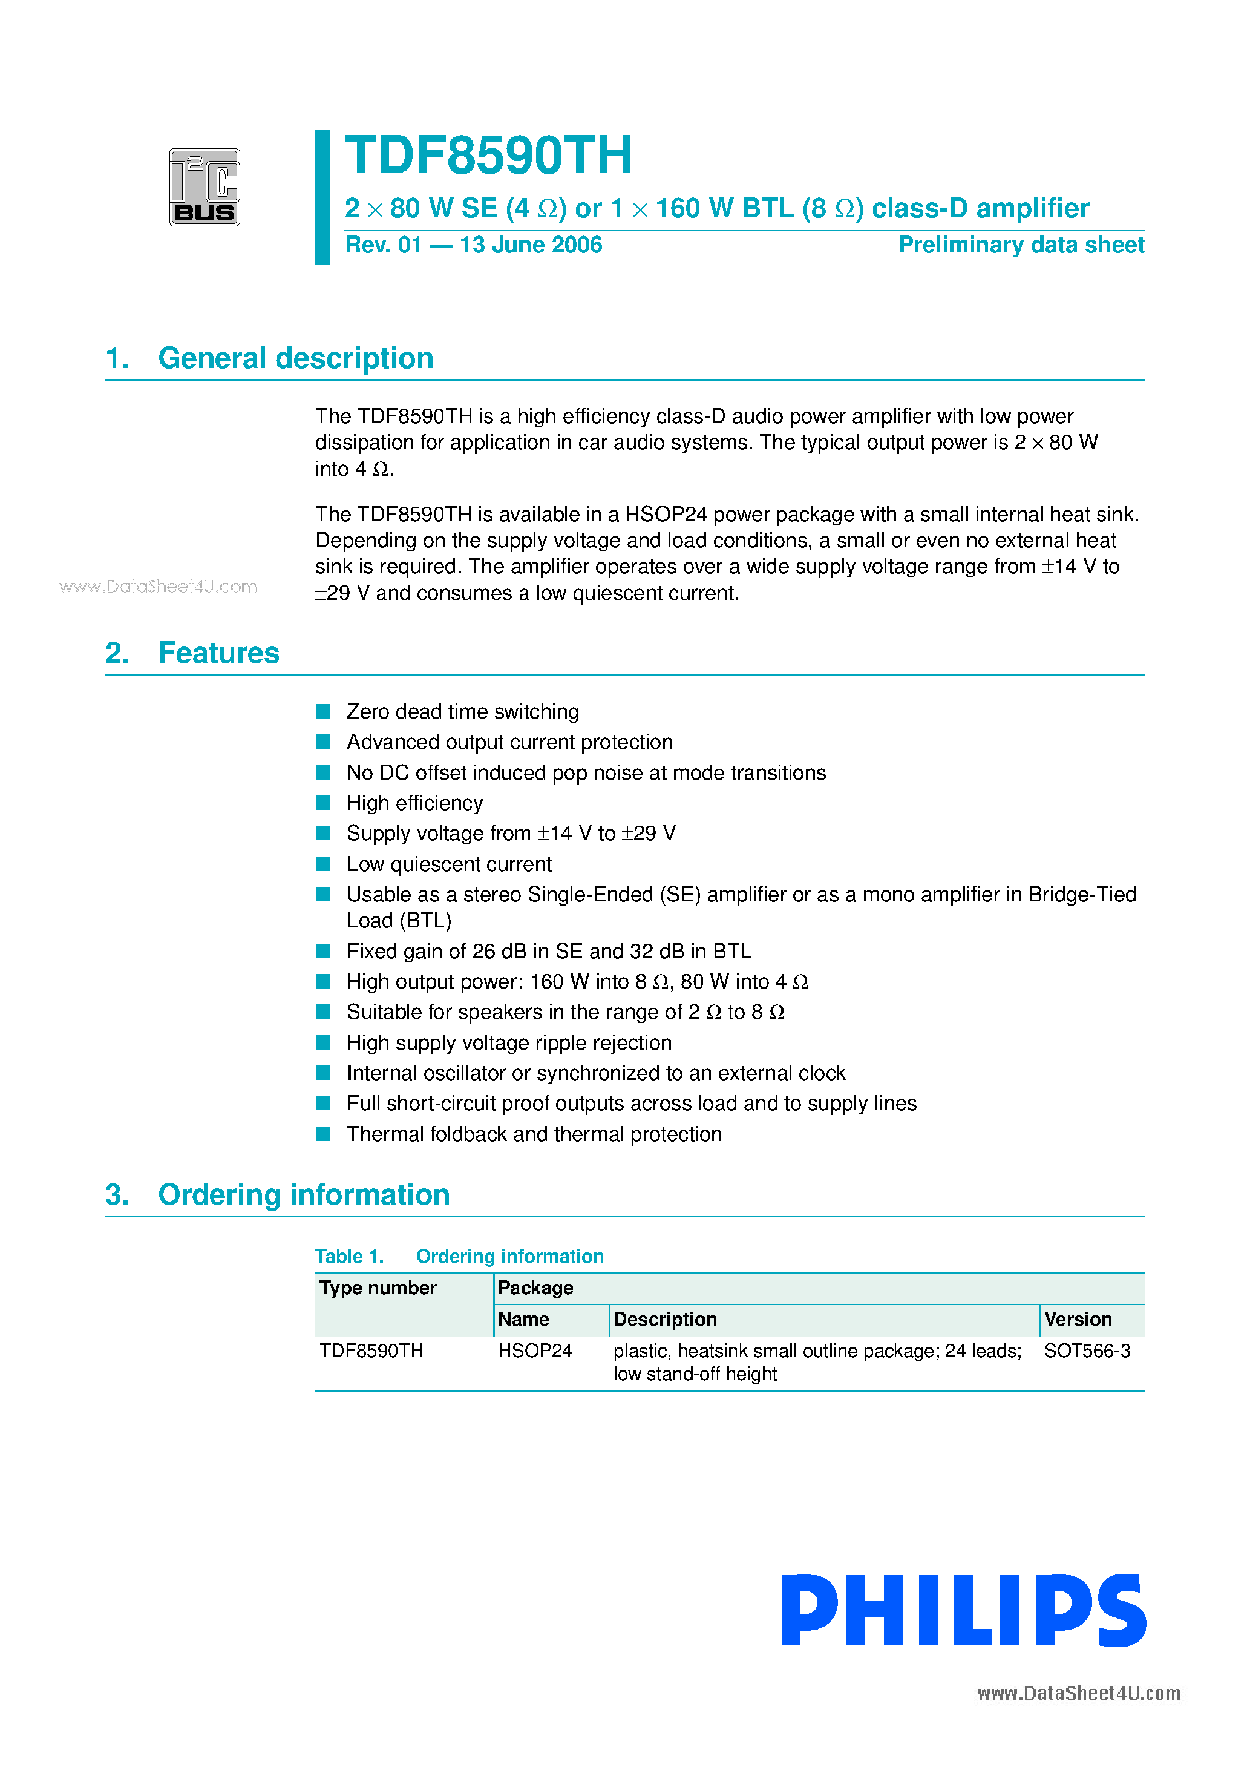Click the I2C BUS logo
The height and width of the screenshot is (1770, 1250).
205,187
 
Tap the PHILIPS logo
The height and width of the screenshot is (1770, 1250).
963,1610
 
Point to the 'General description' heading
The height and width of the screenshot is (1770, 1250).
295,358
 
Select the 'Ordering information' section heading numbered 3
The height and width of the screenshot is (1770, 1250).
304,1195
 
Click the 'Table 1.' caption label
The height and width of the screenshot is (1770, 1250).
349,1257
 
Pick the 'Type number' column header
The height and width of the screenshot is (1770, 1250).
378,1288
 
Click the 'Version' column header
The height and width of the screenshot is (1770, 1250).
1078,1320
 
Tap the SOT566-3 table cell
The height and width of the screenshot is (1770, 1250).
1087,1351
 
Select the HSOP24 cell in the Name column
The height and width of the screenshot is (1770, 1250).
535,1351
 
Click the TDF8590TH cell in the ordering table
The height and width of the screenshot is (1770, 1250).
371,1351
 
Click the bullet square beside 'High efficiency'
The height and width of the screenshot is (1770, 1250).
324,803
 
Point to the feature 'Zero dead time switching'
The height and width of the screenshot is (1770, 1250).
462,711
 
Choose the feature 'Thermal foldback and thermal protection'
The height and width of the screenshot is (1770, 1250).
534,1134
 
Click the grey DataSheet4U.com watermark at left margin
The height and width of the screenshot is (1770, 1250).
158,587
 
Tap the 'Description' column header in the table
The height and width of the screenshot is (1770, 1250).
665,1320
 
